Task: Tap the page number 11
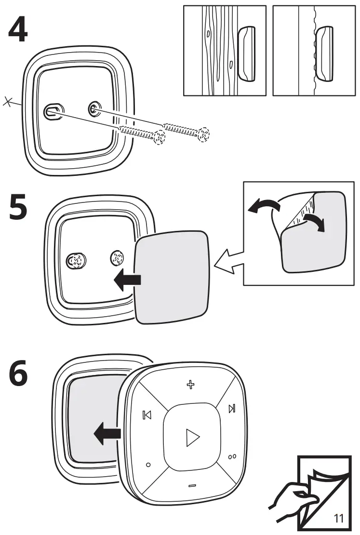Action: [338, 518]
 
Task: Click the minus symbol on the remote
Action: [192, 485]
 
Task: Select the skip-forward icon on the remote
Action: [232, 409]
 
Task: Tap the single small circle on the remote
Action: [148, 465]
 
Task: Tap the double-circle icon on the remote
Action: [232, 456]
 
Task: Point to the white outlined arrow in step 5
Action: [228, 262]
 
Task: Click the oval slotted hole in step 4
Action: [52, 112]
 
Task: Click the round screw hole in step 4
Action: [93, 109]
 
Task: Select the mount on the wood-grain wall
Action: [247, 53]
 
